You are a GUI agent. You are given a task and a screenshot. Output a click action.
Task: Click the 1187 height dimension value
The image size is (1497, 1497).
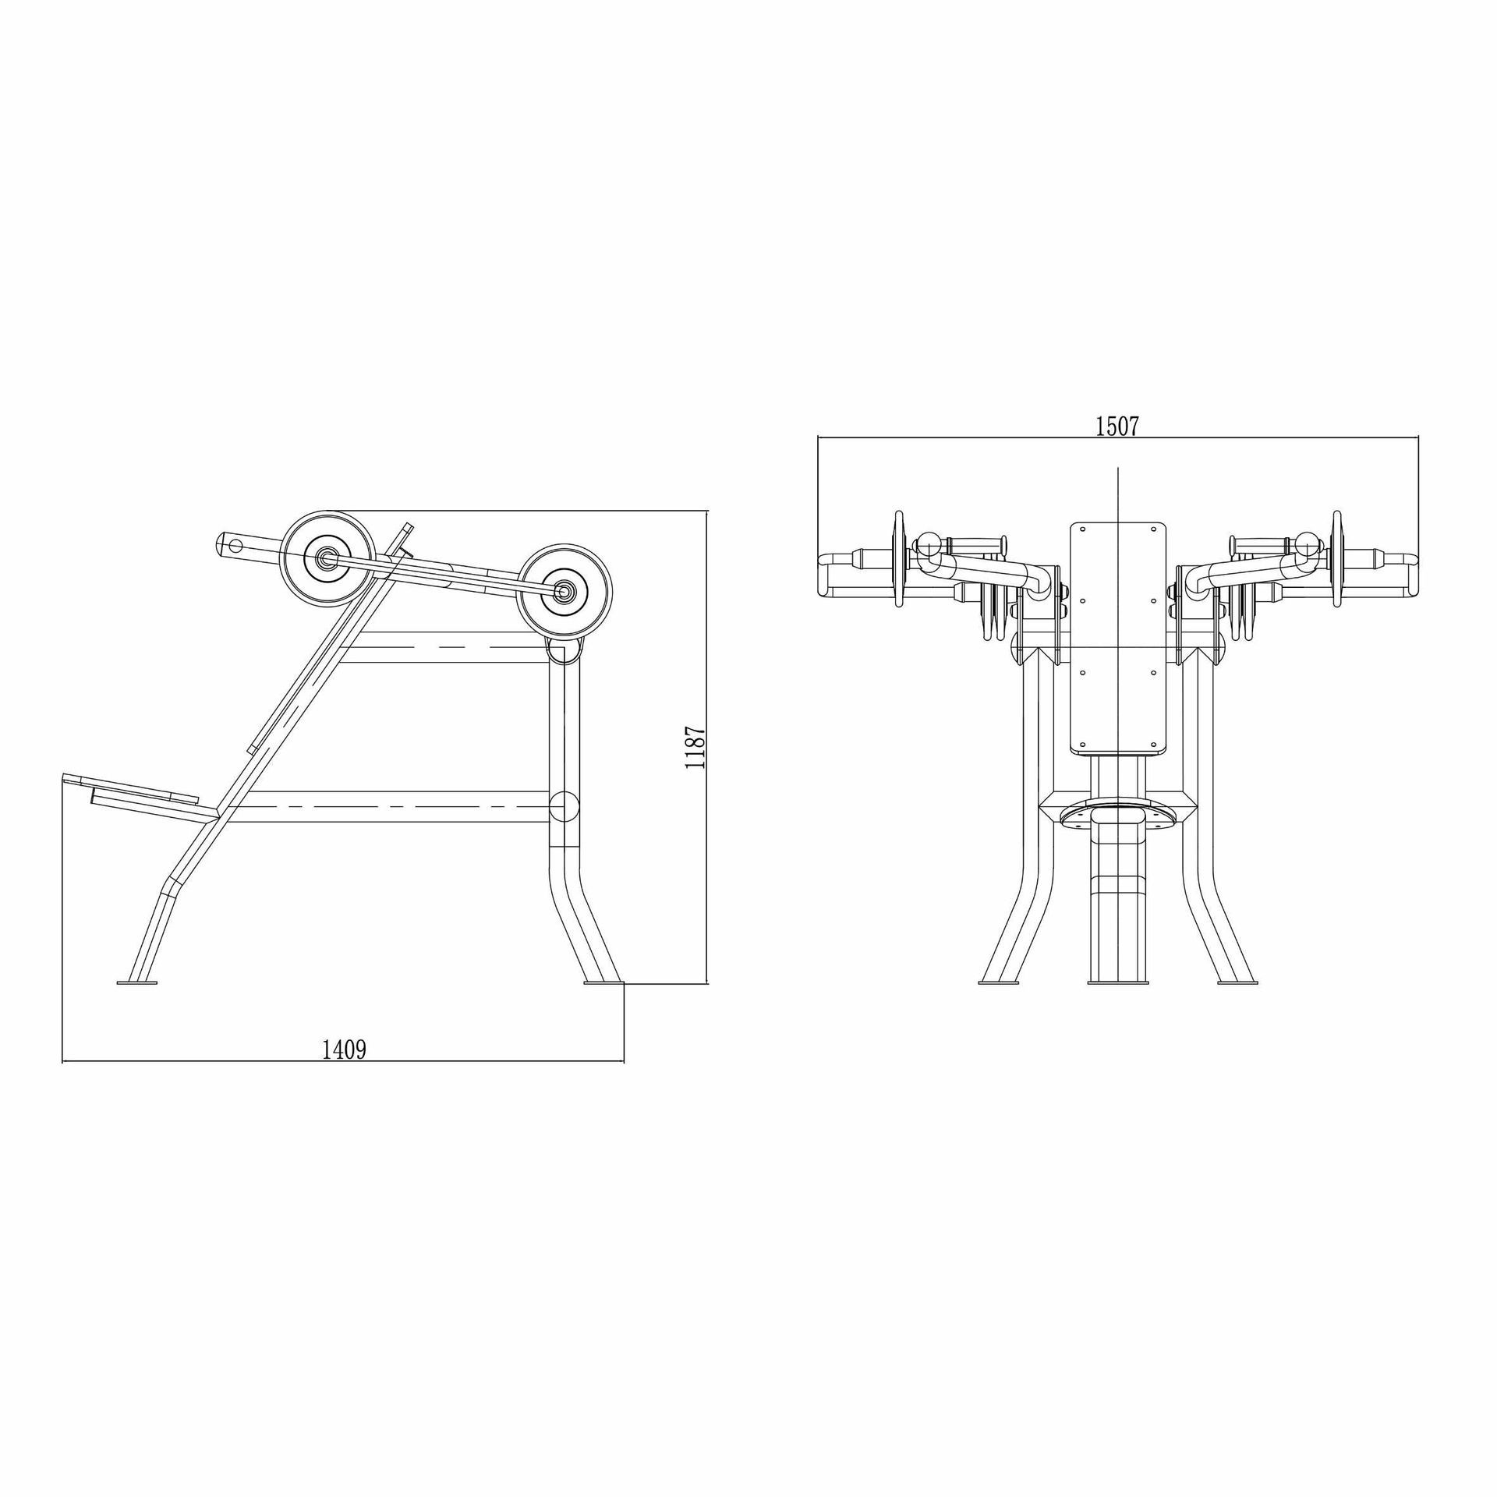pos(695,746)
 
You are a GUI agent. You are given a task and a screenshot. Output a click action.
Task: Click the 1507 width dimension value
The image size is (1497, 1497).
pos(1117,426)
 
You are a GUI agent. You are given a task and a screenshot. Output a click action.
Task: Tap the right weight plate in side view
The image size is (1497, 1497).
pos(564,592)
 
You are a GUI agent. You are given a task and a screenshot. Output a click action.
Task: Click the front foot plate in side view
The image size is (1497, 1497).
pos(137,982)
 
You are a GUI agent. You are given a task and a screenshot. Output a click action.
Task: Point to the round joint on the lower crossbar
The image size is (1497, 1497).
pos(564,807)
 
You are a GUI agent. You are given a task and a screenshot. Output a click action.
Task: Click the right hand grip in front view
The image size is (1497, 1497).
pos(1261,543)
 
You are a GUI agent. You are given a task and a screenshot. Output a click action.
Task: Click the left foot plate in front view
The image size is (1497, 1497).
pos(999,983)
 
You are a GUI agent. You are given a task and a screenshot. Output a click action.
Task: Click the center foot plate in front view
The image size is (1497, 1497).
pos(1119,983)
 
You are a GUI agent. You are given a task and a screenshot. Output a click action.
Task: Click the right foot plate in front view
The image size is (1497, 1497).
pos(1238,983)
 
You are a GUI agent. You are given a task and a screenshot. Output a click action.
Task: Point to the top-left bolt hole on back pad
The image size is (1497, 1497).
pos(1082,529)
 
